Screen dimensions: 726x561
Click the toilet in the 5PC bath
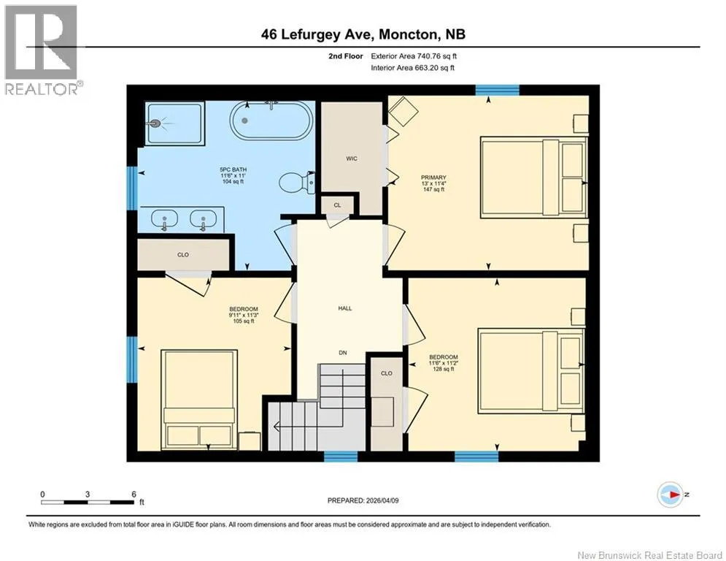(297, 183)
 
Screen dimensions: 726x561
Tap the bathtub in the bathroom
(271, 120)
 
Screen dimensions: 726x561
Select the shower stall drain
(155, 123)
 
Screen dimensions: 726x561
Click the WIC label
(352, 159)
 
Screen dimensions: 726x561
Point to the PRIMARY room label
(434, 178)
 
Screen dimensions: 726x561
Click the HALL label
(345, 308)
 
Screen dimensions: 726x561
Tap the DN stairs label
(343, 353)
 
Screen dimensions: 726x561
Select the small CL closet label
(338, 205)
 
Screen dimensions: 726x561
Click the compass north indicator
(671, 495)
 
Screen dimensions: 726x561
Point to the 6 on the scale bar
(134, 495)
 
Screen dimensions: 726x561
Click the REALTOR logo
(42, 50)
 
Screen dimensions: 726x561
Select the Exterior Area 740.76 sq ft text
(414, 56)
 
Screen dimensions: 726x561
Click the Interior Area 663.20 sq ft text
(413, 68)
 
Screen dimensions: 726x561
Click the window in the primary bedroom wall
(498, 90)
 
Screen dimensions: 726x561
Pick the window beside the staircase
(341, 457)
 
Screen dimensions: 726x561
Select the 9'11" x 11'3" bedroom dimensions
(244, 316)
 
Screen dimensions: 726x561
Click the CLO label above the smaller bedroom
(183, 254)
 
